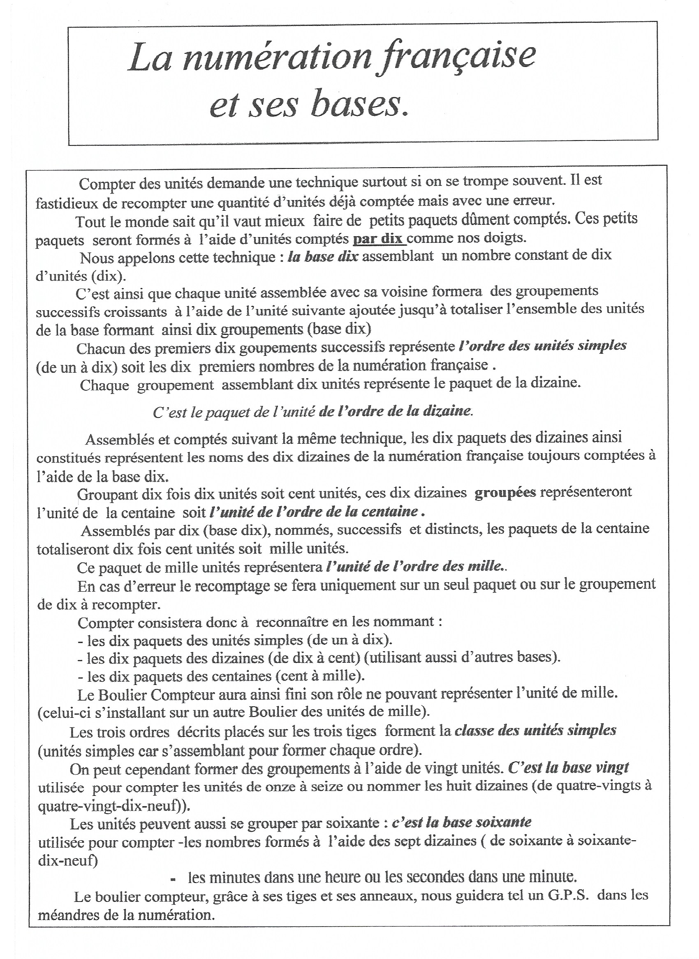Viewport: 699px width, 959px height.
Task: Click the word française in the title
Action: (x=457, y=57)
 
